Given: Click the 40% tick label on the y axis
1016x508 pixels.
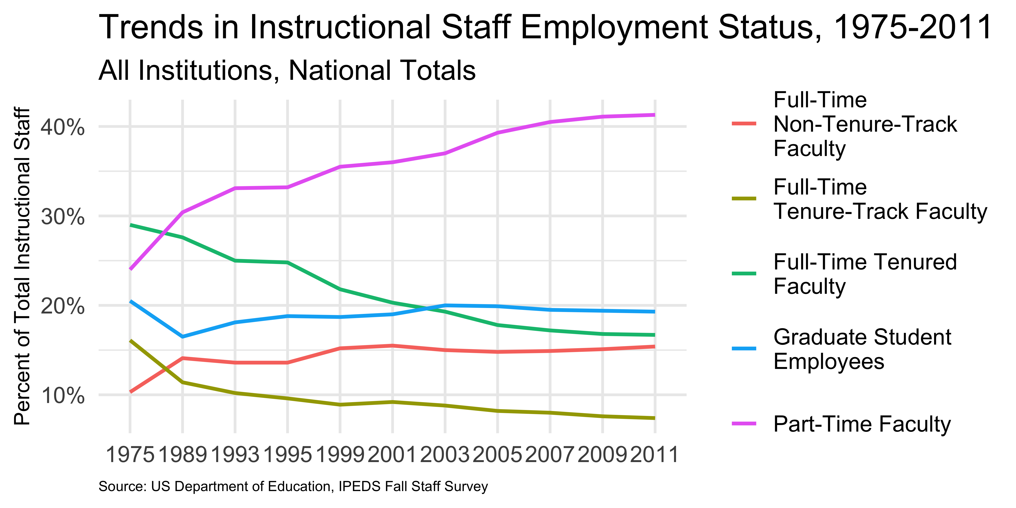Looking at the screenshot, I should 62,127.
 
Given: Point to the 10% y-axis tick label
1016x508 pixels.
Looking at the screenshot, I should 62,396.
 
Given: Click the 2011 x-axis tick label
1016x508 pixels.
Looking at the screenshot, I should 655,455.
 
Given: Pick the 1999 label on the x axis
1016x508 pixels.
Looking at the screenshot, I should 340,455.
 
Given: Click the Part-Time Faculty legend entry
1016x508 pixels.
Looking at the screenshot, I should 862,424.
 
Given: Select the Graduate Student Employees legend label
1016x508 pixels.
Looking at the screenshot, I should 862,349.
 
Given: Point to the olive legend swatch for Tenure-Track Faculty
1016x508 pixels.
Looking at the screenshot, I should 744,198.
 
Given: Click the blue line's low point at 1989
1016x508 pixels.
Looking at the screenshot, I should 183,336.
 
